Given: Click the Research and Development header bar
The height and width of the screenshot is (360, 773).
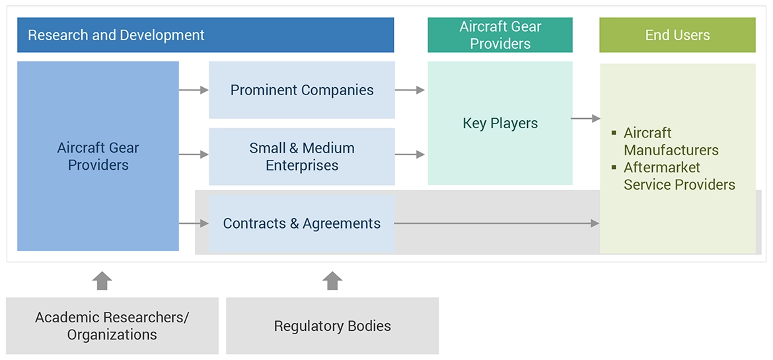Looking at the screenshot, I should [205, 35].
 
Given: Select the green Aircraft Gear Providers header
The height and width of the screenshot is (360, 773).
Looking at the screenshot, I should [500, 35].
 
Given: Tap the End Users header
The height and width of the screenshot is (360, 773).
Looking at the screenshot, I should [677, 35].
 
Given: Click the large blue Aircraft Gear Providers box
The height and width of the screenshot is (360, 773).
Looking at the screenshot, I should [98, 156].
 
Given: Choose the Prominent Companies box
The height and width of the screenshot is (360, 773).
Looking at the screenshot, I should [302, 90].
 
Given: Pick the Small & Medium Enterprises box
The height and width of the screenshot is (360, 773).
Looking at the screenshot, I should [302, 157].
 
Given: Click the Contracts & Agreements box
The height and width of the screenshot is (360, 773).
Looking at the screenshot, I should [302, 224].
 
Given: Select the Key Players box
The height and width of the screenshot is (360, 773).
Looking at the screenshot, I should [500, 123].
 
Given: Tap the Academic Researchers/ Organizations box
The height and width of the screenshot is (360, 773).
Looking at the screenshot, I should [112, 326].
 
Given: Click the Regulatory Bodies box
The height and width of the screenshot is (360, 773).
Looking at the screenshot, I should [332, 326].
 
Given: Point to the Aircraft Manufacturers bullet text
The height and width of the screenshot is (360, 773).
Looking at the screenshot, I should [671, 141].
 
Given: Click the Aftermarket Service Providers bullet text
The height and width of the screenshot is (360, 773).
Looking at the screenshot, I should [679, 176].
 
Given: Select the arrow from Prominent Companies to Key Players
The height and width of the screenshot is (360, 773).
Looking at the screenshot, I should [410, 90].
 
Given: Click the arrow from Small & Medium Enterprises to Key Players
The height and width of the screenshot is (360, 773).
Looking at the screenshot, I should [410, 155].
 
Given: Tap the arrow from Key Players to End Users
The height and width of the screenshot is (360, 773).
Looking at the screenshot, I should [585, 119].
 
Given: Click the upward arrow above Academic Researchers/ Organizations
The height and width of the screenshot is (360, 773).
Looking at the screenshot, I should [102, 280].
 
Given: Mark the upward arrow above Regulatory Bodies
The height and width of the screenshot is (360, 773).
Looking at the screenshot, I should [332, 280].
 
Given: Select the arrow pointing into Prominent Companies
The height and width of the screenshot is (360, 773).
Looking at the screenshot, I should [194, 90].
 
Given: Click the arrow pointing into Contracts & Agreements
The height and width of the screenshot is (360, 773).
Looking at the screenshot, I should [194, 224].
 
